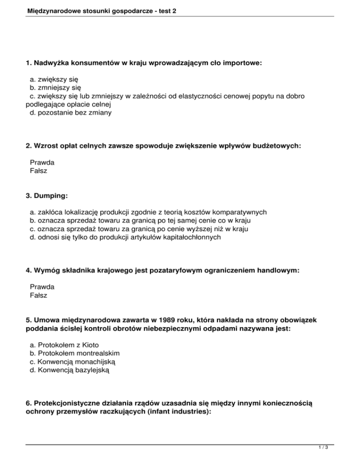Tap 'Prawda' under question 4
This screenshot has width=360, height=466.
coord(42,286)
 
